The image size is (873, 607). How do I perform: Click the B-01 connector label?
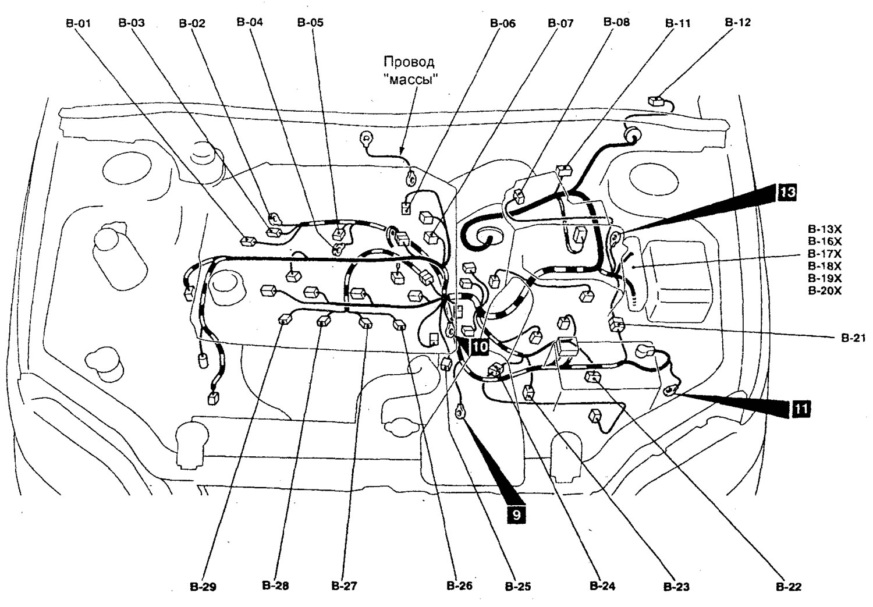click(x=77, y=23)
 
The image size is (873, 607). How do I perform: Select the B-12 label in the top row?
click(x=737, y=23)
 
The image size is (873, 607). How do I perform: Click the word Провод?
click(x=409, y=62)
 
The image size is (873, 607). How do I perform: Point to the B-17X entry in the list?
click(x=824, y=254)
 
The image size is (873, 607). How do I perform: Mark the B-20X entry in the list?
click(x=824, y=290)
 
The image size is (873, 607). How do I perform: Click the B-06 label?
click(x=502, y=24)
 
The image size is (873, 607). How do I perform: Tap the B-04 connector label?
click(x=250, y=23)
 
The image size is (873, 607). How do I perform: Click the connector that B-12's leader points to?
click(x=656, y=101)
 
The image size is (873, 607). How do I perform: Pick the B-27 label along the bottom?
click(x=343, y=586)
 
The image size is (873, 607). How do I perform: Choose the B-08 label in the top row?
click(x=616, y=23)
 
